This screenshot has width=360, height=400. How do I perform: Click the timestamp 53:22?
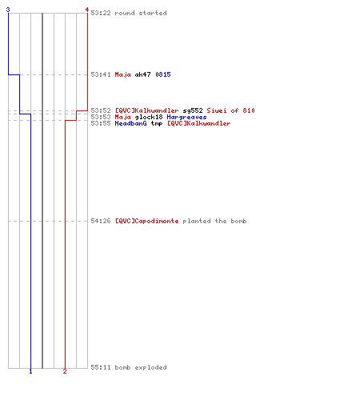(x=101, y=13)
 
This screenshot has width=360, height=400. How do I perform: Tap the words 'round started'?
(x=141, y=13)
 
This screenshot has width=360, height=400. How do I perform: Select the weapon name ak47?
(x=142, y=74)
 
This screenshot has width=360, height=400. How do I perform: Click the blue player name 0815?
(x=163, y=74)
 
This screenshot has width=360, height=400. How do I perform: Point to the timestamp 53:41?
(x=101, y=74)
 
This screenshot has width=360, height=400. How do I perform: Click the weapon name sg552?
(x=193, y=110)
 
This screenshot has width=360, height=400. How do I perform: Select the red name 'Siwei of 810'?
(x=230, y=110)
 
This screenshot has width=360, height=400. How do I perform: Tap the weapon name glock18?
(x=149, y=117)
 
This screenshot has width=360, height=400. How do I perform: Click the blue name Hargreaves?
(x=186, y=117)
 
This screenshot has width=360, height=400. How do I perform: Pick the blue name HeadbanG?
(x=130, y=123)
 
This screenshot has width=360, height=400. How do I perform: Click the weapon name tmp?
(x=157, y=123)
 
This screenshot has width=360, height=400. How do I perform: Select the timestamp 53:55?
(x=101, y=123)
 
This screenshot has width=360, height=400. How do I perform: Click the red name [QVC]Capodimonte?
(x=146, y=221)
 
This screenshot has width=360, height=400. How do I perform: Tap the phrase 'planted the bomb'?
(x=214, y=221)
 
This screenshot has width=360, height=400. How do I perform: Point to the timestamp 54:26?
(x=101, y=221)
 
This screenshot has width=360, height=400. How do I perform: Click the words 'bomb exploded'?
(x=141, y=367)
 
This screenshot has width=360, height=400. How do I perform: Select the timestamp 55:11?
(x=101, y=367)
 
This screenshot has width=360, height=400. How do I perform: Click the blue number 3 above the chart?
(x=8, y=10)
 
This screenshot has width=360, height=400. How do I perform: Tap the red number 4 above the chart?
(x=87, y=10)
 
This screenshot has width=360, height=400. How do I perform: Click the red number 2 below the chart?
(x=65, y=371)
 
